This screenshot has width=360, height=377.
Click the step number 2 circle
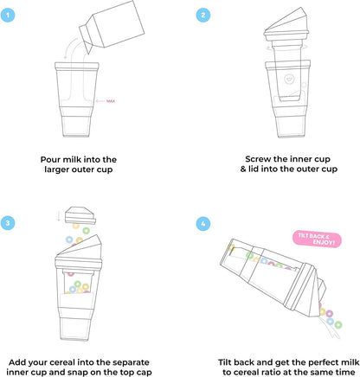(x=202, y=15)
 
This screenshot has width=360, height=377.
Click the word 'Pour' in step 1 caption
(x=54, y=159)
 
